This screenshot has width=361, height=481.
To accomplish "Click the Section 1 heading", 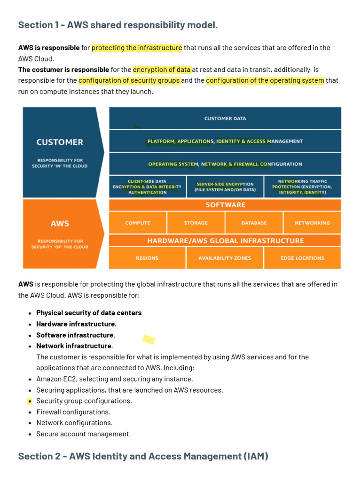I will [x=118, y=25].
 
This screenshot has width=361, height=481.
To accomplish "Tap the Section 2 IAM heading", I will [x=143, y=456].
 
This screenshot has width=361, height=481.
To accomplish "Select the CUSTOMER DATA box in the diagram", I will [x=225, y=118].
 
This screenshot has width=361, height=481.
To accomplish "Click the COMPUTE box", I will [x=138, y=223].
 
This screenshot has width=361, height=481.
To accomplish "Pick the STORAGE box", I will [x=196, y=223].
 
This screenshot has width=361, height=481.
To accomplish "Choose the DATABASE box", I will [x=254, y=223].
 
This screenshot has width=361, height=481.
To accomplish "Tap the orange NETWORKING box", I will [x=312, y=223].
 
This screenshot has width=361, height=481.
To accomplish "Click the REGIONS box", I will [x=147, y=258].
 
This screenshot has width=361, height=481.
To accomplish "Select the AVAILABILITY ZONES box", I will [x=225, y=258].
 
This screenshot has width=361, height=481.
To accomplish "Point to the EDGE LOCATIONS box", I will [x=302, y=258].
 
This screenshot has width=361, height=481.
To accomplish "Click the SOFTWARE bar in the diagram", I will [x=225, y=205].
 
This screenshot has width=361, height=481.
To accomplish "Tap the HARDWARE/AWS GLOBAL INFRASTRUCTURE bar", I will [x=225, y=240].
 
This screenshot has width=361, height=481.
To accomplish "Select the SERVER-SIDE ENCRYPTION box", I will [x=225, y=187].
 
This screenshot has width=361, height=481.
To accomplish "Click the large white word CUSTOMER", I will [x=60, y=142].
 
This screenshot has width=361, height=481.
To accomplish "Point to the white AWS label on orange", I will [x=60, y=224].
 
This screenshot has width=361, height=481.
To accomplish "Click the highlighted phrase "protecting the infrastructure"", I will [x=137, y=47].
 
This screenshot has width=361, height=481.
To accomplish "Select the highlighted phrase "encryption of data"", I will [x=162, y=70].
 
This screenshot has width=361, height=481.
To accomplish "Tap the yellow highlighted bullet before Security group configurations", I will [x=30, y=401].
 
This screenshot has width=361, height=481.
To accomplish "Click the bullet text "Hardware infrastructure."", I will [x=76, y=324].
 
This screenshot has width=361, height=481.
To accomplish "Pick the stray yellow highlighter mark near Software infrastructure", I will [x=149, y=339].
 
